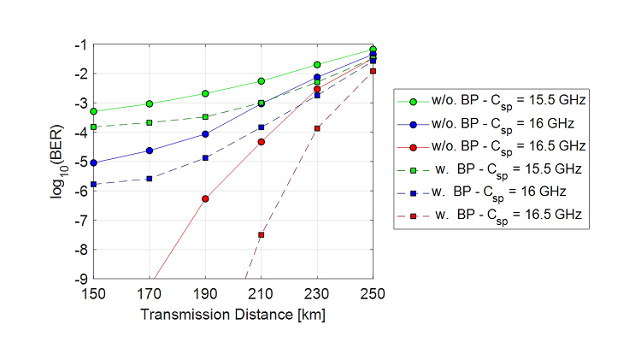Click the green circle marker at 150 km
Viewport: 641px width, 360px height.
click(94, 112)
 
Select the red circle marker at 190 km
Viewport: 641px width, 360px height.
click(205, 198)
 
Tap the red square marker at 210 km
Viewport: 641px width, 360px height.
click(262, 234)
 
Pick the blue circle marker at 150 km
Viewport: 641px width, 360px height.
click(94, 162)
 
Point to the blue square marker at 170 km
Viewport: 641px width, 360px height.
click(150, 179)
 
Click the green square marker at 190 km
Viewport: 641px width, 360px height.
click(205, 117)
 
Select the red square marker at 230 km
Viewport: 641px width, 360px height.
click(317, 128)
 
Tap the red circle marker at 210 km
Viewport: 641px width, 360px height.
click(262, 142)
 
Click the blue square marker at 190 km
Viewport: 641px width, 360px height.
click(205, 158)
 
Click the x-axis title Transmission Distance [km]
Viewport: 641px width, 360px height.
click(232, 314)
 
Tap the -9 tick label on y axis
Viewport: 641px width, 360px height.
click(82, 279)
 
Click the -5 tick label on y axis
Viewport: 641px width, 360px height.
click(82, 162)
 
